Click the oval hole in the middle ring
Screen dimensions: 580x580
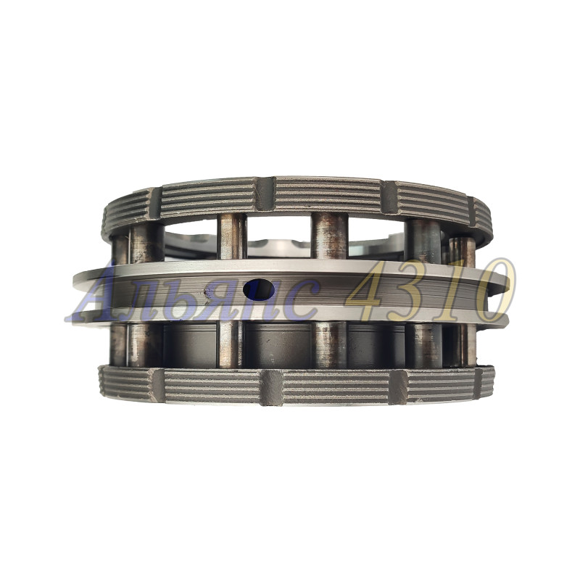click(x=259, y=289)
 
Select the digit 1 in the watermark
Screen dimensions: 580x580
click(x=459, y=291)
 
